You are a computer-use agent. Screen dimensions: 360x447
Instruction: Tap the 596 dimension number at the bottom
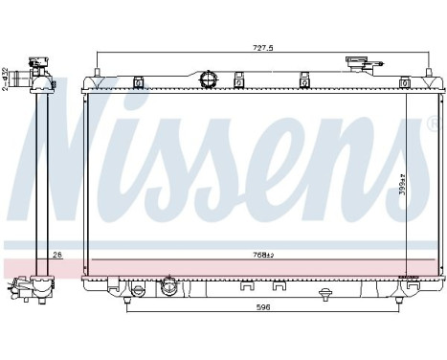point(260,307)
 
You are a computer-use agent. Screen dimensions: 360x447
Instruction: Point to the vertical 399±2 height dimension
point(404,181)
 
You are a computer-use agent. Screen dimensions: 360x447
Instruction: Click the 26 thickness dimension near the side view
point(56,255)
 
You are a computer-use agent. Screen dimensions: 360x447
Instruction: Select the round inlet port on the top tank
point(210,76)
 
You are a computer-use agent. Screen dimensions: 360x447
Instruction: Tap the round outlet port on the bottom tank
point(168,285)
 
